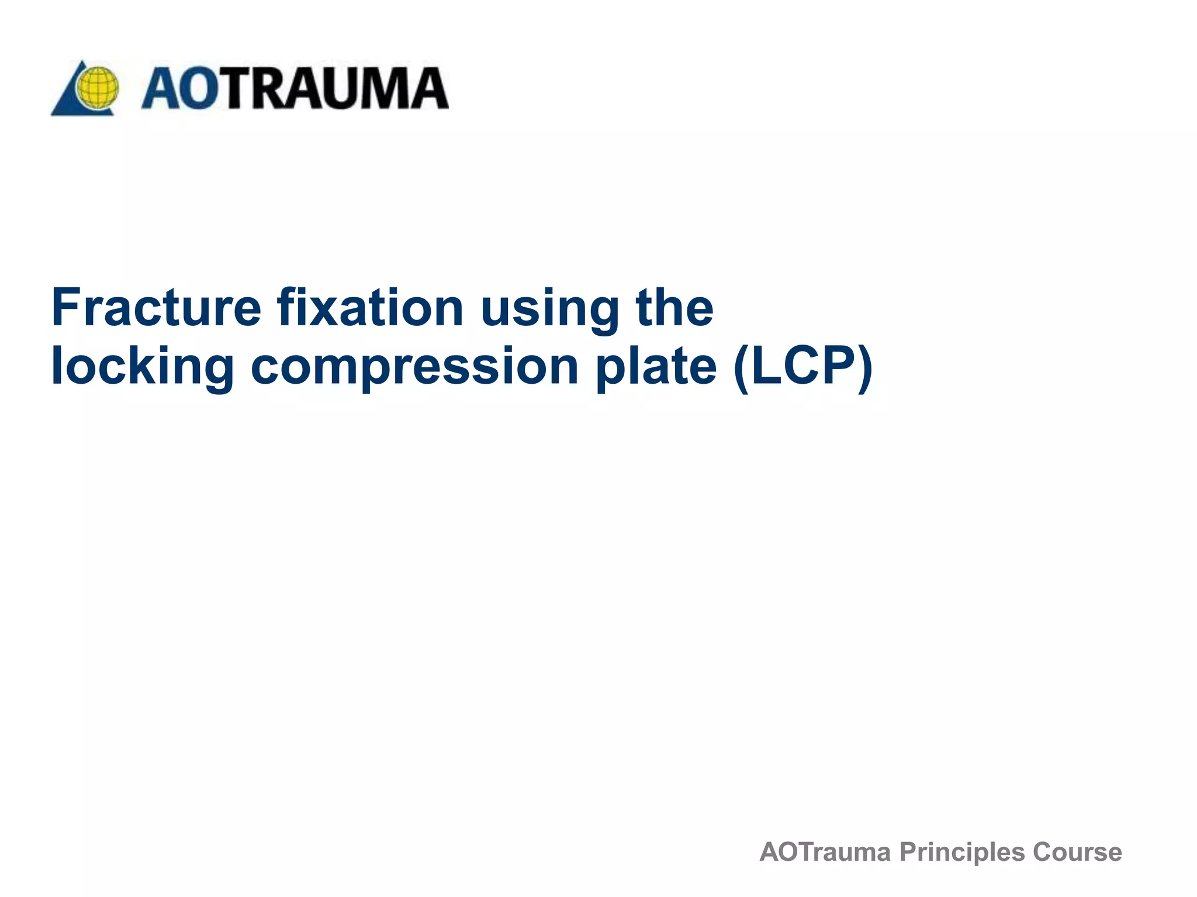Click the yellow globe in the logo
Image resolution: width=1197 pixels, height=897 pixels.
click(x=98, y=88)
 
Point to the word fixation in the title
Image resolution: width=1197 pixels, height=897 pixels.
click(x=371, y=308)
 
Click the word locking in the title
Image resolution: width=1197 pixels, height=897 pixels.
click(x=143, y=367)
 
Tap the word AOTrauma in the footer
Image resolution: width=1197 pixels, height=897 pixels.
click(x=825, y=852)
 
